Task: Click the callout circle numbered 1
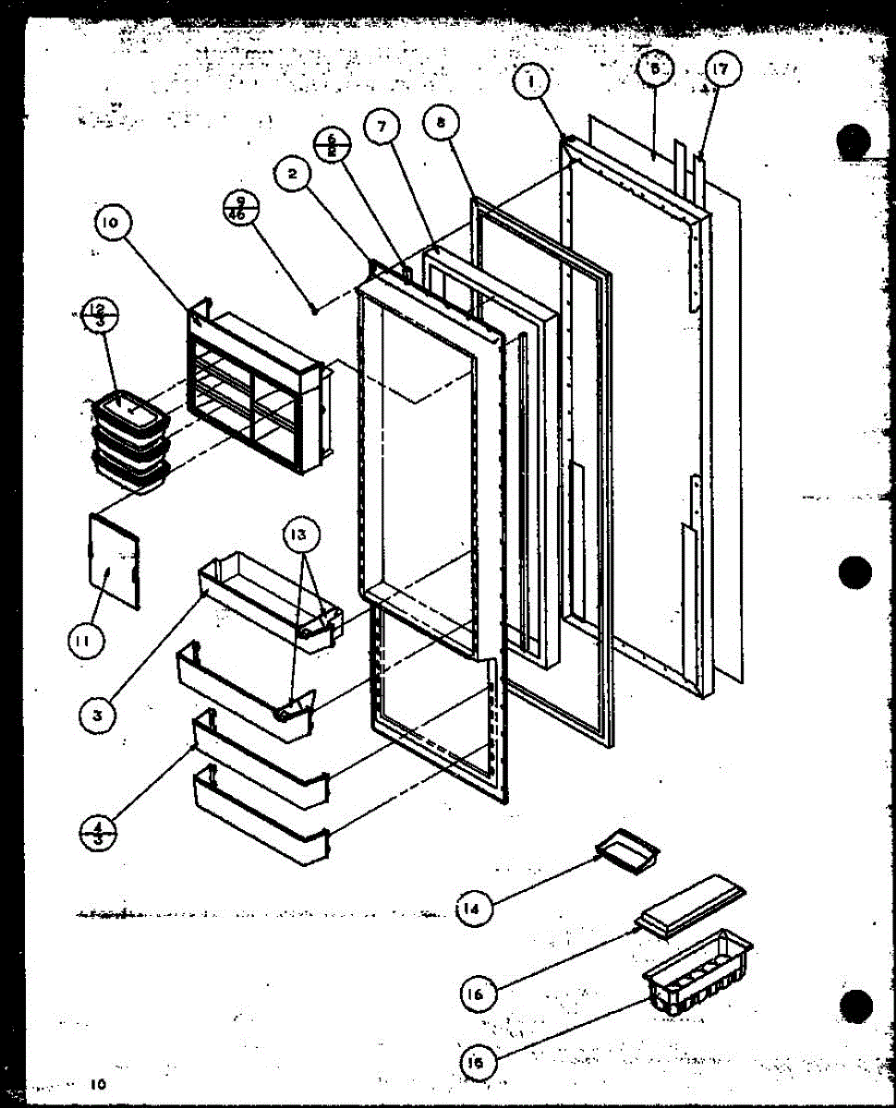click(x=532, y=81)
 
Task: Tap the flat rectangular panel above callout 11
click(x=115, y=561)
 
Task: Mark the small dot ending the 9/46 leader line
click(x=317, y=312)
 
